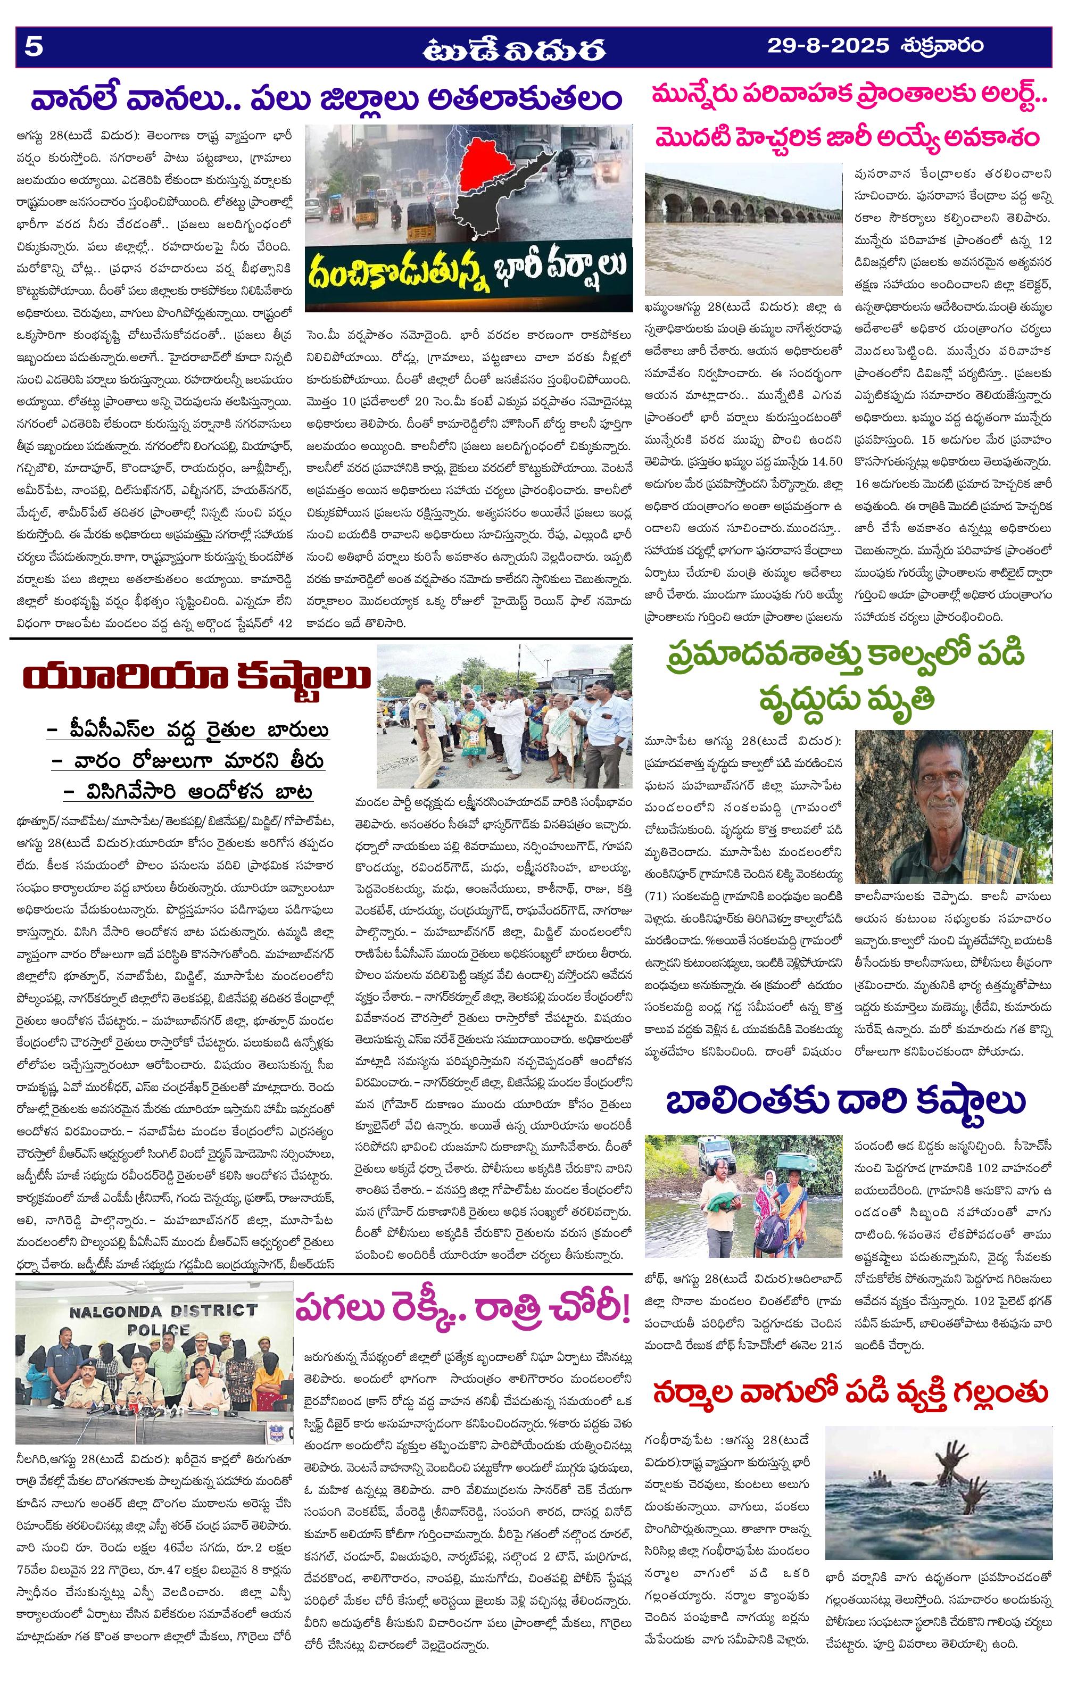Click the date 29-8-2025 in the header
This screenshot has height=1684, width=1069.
click(x=827, y=46)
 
